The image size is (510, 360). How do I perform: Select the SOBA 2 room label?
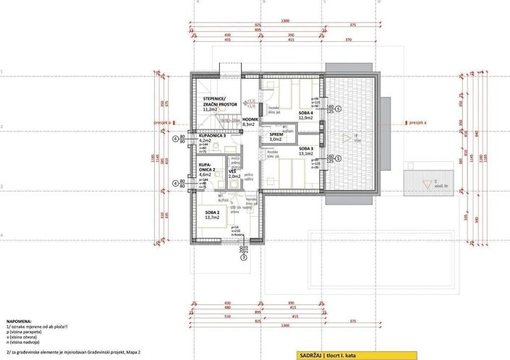click(212, 210)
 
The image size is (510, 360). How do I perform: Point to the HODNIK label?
click(250, 118)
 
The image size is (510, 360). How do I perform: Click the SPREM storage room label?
click(276, 134)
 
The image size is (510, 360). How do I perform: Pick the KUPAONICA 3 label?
click(213, 135)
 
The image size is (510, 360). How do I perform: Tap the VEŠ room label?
click(232, 171)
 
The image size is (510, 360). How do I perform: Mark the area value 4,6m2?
click(205, 174)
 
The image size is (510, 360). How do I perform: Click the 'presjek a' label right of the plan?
click(417, 123)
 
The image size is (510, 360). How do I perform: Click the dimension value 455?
click(227, 40)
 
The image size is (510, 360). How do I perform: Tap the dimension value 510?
click(227, 315)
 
